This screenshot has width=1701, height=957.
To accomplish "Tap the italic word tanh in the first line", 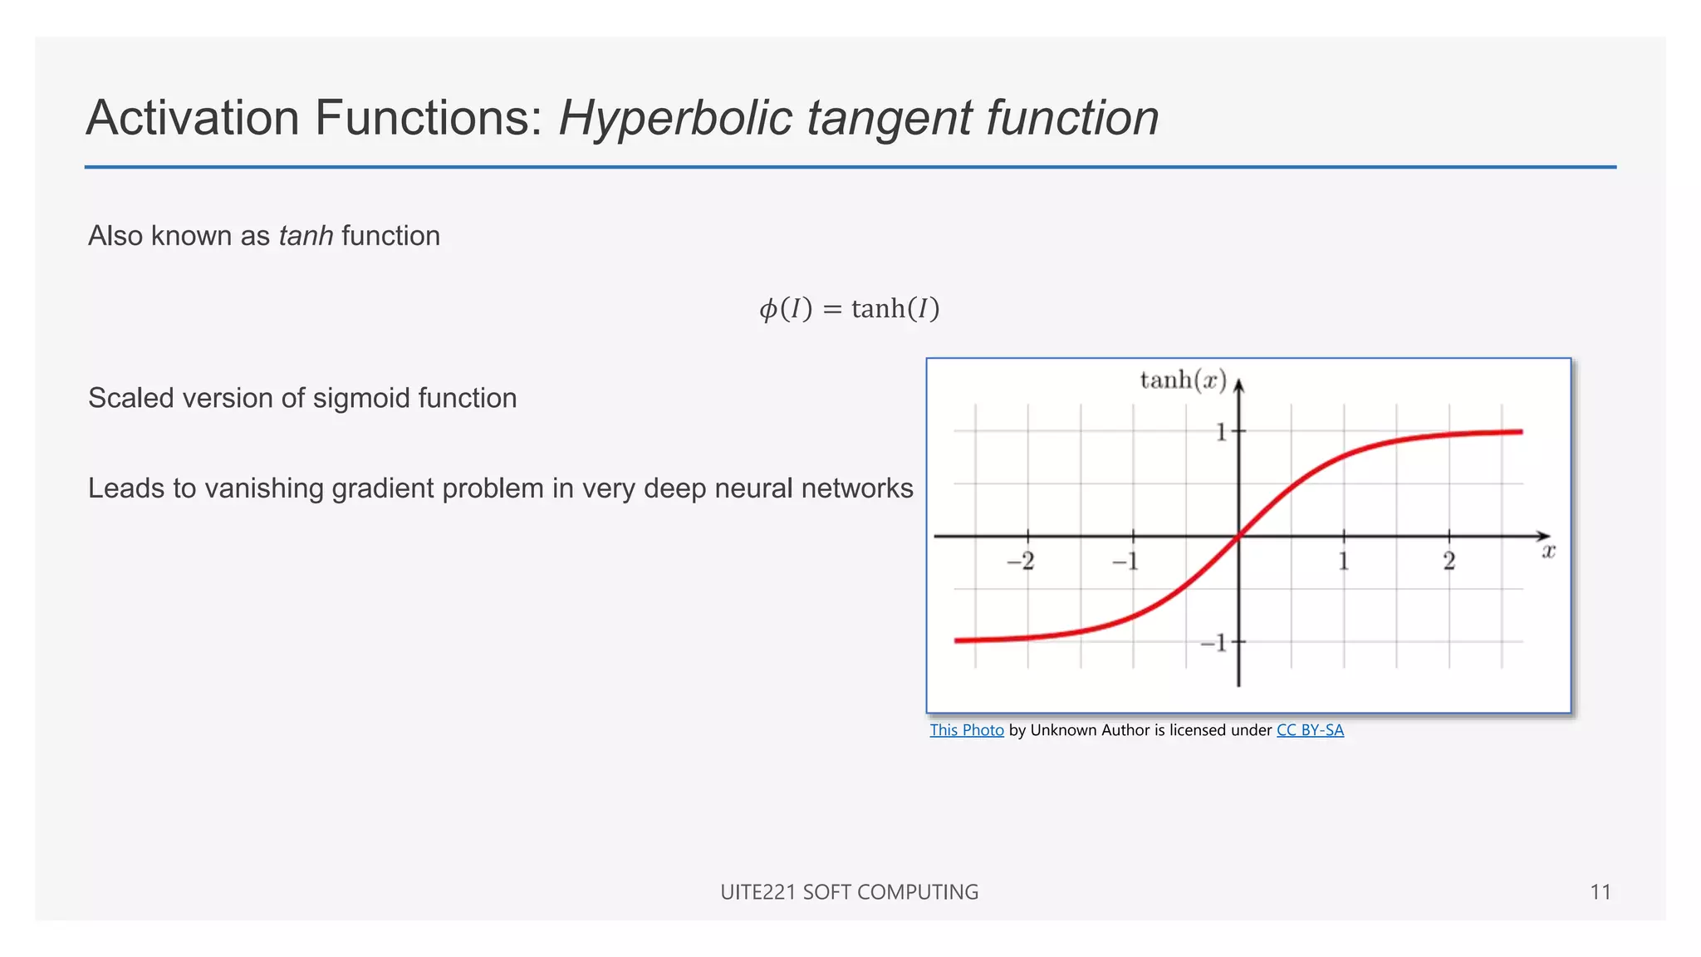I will (306, 236).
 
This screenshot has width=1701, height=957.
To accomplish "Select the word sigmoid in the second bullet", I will (360, 398).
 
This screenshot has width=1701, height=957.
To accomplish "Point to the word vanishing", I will (265, 488).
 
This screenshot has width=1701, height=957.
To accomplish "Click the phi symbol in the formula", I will (767, 309).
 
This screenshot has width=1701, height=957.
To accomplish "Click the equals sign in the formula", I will (831, 309).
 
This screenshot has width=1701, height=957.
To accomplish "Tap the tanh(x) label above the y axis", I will (1183, 380).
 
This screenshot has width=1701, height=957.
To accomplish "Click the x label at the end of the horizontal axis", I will (1548, 551).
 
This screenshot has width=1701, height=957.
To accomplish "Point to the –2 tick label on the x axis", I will (1021, 562).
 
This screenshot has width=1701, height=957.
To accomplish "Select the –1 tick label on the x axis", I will (1125, 562).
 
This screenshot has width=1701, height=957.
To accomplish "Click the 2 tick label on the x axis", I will (1449, 562).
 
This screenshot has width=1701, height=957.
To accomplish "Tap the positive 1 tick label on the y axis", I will (1221, 432).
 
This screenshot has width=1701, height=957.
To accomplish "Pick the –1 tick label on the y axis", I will (1213, 642).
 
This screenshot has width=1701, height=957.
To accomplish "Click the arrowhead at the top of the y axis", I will (1238, 385).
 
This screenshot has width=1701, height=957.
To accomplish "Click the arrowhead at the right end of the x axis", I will (1544, 536).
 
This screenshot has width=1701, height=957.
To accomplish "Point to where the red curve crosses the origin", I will (1238, 536).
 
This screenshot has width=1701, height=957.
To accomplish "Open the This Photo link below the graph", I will (967, 730).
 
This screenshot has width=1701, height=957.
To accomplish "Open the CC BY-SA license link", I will (1310, 730).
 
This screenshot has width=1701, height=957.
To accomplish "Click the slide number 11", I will (1601, 892).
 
